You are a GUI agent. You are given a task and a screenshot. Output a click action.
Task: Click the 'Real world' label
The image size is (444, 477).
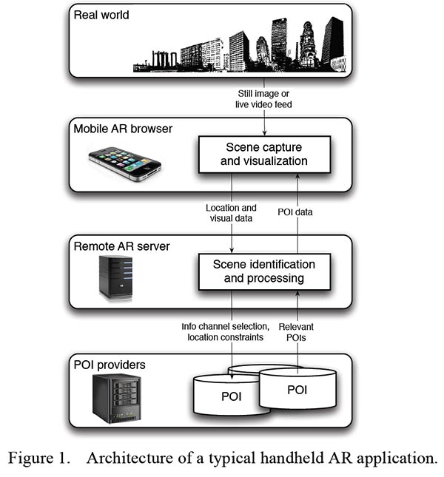coord(101,15)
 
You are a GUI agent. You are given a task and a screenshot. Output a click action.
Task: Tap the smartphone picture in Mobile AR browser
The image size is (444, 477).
coord(125,163)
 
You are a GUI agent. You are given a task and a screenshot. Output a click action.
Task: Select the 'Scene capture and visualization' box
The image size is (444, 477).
coord(264,155)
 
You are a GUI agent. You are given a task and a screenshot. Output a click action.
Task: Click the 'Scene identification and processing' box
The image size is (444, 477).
coord(264,271)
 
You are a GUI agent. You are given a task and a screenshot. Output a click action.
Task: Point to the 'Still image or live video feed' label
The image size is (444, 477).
coord(263,99)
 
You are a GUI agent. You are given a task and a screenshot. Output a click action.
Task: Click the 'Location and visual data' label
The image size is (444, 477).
coord(231,213)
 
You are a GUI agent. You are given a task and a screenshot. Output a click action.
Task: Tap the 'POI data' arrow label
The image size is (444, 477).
coord(295,212)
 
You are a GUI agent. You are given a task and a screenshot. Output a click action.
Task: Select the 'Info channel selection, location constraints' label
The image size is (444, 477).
coord(226,332)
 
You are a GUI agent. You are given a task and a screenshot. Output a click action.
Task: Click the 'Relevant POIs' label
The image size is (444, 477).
coord(296,332)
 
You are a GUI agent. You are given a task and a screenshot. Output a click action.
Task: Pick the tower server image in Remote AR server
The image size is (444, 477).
coord(116,277)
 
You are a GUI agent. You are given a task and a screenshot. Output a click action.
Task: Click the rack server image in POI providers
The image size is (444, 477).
coord(117,398)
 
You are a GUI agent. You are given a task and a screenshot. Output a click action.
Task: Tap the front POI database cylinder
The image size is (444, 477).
coord(232,395)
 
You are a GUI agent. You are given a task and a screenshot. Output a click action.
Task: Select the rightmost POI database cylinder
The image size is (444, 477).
coord(297,388)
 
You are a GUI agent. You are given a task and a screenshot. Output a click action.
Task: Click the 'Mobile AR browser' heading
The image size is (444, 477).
coord(123,129)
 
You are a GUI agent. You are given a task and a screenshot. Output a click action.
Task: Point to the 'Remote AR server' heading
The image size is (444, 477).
coord(121,246)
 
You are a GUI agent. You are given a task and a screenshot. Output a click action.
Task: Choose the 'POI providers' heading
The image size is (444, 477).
coord(110,365)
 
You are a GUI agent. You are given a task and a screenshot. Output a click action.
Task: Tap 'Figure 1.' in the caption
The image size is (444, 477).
coord(39,458)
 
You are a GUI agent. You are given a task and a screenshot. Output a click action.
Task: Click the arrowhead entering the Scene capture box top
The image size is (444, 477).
coord(264,132)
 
